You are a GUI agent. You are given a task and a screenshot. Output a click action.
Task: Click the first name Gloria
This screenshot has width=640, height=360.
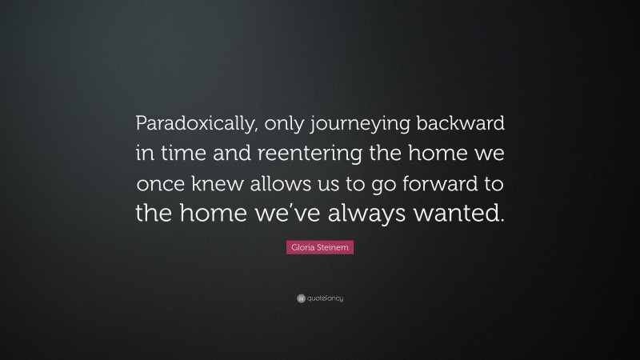coord(301,250)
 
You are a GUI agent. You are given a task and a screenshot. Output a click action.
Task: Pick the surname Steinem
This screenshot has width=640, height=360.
coord(335,250)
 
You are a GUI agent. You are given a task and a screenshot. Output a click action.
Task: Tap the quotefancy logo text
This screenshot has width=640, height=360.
coord(325,298)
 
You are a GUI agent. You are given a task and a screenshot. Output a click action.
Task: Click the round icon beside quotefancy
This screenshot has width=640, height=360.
coord(301,298)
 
